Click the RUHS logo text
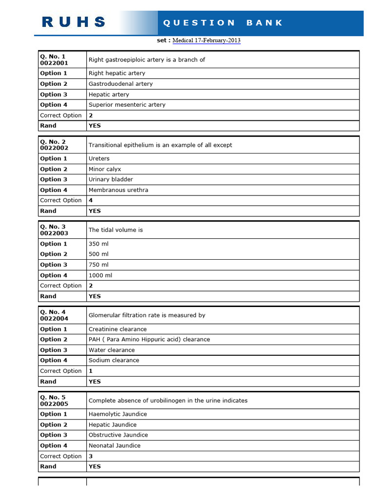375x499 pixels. tap(74, 22)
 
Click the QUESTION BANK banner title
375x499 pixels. tap(223, 22)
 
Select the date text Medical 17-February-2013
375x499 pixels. tap(207, 40)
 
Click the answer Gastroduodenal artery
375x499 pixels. tap(121, 84)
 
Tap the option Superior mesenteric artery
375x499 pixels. tap(127, 105)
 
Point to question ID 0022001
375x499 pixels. tap(54, 63)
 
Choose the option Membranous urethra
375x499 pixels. tap(119, 190)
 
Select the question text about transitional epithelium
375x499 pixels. tap(160, 145)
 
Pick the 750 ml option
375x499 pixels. tap(99, 265)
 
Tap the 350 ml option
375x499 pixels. tap(99, 244)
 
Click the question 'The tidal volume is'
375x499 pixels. tap(116, 230)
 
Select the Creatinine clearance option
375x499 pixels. tap(118, 329)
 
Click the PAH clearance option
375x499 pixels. tap(149, 340)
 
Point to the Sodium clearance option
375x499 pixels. tap(114, 361)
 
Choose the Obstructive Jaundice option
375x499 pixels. tap(118, 435)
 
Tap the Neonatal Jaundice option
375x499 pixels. tap(115, 446)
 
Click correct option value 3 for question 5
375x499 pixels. tap(91, 456)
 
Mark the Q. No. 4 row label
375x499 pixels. tap(53, 312)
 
